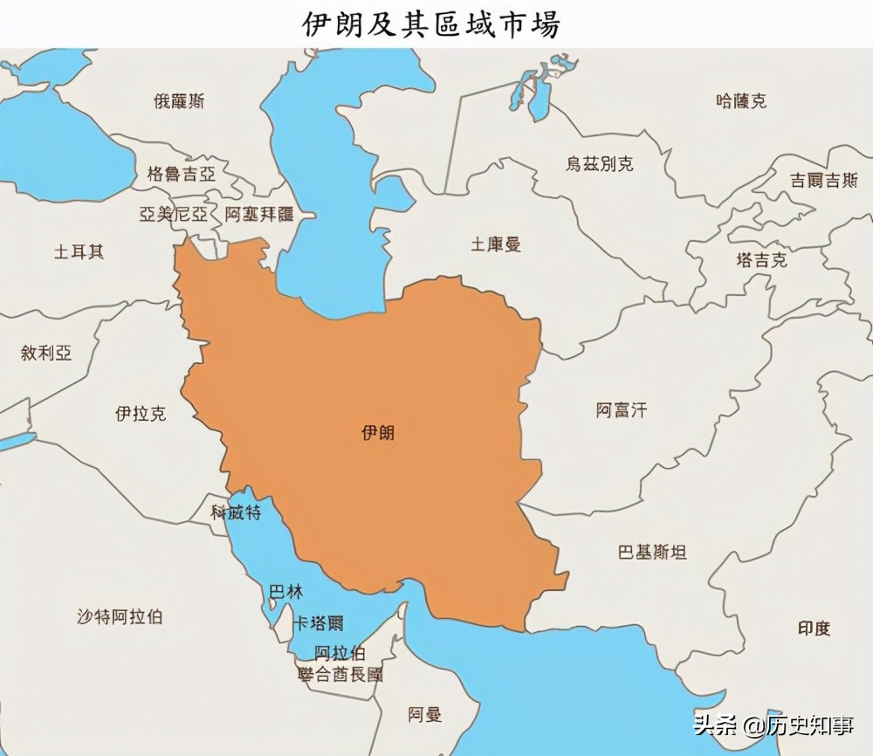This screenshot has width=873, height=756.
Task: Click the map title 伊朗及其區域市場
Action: click(x=430, y=24)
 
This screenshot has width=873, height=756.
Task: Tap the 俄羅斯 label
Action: click(x=179, y=101)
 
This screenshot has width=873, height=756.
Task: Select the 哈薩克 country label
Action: click(x=740, y=101)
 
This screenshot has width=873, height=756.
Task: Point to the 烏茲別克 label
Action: click(x=599, y=164)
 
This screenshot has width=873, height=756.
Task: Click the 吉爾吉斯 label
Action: click(x=823, y=181)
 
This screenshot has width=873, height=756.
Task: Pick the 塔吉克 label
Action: click(x=760, y=260)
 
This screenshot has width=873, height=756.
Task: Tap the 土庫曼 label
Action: click(x=496, y=244)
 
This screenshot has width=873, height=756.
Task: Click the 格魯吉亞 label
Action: click(x=181, y=173)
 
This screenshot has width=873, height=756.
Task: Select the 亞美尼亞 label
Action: click(x=173, y=214)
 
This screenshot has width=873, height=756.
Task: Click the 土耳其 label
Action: click(x=79, y=252)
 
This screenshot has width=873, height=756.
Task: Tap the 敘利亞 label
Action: click(x=46, y=353)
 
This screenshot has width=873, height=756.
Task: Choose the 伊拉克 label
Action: click(x=140, y=414)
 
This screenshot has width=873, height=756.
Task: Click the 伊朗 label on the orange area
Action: click(x=377, y=432)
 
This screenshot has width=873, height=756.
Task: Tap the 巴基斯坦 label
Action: click(x=651, y=552)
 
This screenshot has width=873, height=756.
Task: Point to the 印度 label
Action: click(x=814, y=628)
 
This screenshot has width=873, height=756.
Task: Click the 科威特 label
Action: click(x=236, y=512)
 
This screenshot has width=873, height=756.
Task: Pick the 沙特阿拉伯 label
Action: click(x=119, y=616)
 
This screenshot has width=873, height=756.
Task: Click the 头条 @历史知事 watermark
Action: click(x=774, y=725)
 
